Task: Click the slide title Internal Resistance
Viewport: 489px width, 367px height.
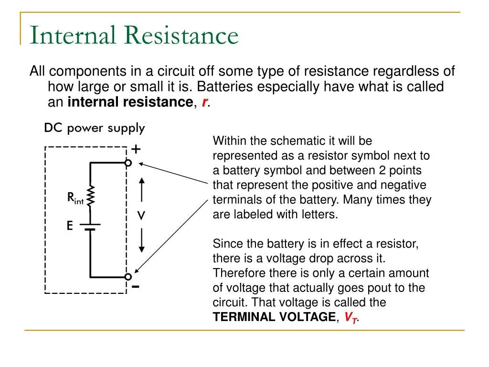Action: point(134,36)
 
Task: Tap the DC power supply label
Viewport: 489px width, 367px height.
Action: point(94,128)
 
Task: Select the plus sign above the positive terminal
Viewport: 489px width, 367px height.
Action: point(136,150)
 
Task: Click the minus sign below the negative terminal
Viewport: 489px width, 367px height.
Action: point(136,287)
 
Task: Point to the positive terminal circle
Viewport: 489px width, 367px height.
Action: point(128,163)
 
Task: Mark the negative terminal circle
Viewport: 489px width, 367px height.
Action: point(128,277)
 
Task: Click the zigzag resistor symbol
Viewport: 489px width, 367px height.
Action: point(90,195)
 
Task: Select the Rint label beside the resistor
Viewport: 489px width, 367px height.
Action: point(75,197)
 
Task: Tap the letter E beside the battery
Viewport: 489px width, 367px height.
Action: point(70,226)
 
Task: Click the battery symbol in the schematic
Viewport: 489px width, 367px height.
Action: point(90,226)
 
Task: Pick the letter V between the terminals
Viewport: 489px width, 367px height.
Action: point(141,216)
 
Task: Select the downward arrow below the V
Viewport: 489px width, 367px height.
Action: point(141,242)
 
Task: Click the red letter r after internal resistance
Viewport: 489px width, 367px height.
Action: point(204,102)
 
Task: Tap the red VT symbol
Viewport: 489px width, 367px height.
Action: point(351,317)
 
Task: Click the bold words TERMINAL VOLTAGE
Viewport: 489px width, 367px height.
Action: point(274,317)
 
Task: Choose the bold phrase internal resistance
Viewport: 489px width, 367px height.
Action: point(130,102)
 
